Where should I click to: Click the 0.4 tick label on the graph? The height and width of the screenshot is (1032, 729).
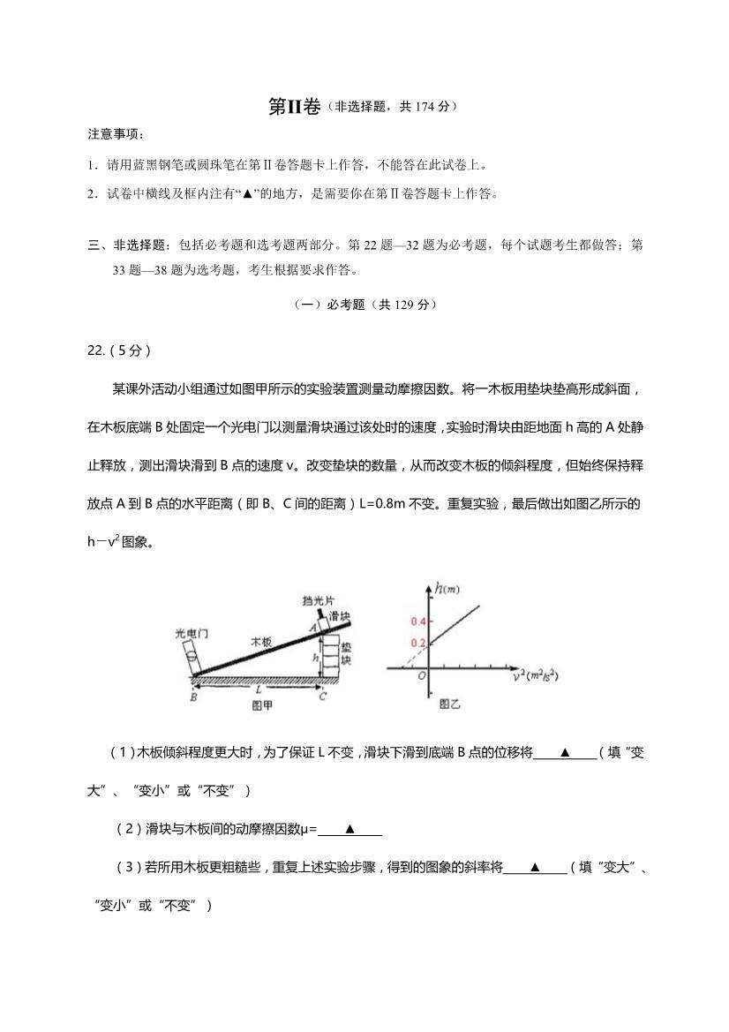[419, 621]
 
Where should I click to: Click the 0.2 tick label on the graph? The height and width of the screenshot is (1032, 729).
[419, 642]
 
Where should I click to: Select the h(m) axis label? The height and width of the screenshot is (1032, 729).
[448, 588]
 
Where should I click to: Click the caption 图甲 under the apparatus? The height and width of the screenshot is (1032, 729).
[262, 705]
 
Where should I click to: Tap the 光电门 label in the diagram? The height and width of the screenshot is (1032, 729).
[191, 633]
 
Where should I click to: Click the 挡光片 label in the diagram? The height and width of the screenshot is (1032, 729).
[313, 600]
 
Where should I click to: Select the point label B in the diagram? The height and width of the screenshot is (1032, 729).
[192, 697]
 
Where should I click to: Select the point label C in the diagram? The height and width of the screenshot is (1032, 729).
[323, 697]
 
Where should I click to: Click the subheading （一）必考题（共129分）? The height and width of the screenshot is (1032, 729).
[364, 305]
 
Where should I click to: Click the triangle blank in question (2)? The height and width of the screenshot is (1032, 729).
[349, 828]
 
